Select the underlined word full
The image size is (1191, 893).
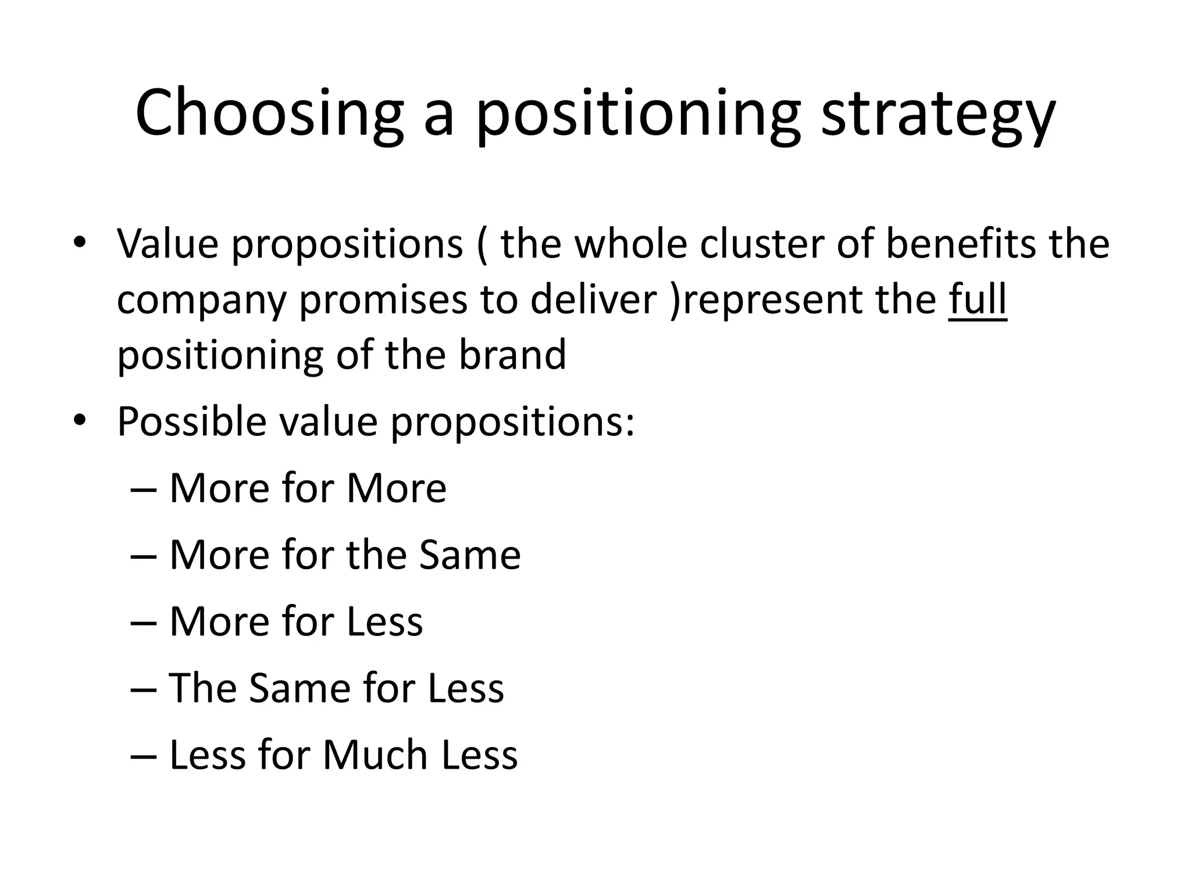[x=978, y=299]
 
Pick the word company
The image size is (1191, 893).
[x=202, y=300]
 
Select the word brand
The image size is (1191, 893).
[x=512, y=354]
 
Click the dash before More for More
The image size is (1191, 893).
[x=144, y=488]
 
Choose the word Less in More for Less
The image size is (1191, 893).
[x=384, y=621]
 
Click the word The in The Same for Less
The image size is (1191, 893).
[x=202, y=688]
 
